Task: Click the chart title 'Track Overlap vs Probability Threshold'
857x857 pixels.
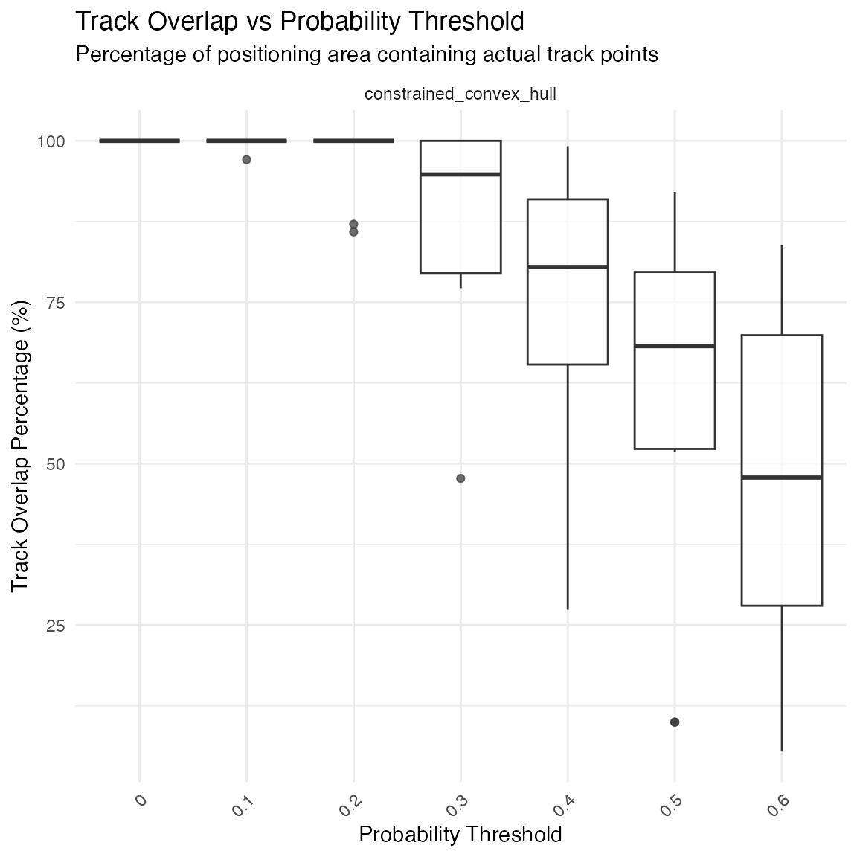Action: (x=300, y=22)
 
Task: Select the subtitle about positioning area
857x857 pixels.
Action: (x=367, y=54)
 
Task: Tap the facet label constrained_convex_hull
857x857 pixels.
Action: (x=460, y=94)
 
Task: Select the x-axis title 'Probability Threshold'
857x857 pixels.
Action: (x=460, y=835)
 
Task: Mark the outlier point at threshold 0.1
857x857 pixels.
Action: (x=246, y=160)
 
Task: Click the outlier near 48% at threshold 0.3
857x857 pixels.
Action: (x=460, y=478)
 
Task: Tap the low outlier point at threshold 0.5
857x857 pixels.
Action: (x=675, y=722)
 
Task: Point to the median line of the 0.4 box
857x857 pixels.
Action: (x=568, y=266)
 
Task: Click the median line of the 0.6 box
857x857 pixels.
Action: (x=782, y=477)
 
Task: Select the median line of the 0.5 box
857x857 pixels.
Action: (x=675, y=346)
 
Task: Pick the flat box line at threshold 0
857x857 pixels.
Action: (x=139, y=141)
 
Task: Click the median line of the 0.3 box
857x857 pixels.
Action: (x=460, y=174)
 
